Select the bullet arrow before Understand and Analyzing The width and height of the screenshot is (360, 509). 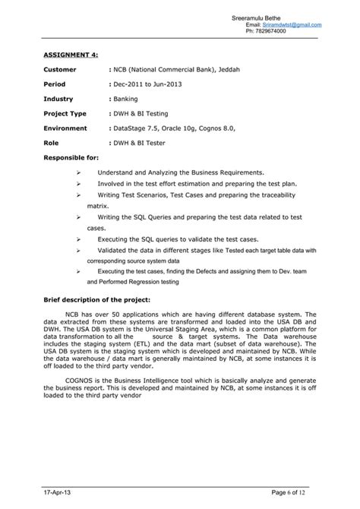[x=79, y=172]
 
